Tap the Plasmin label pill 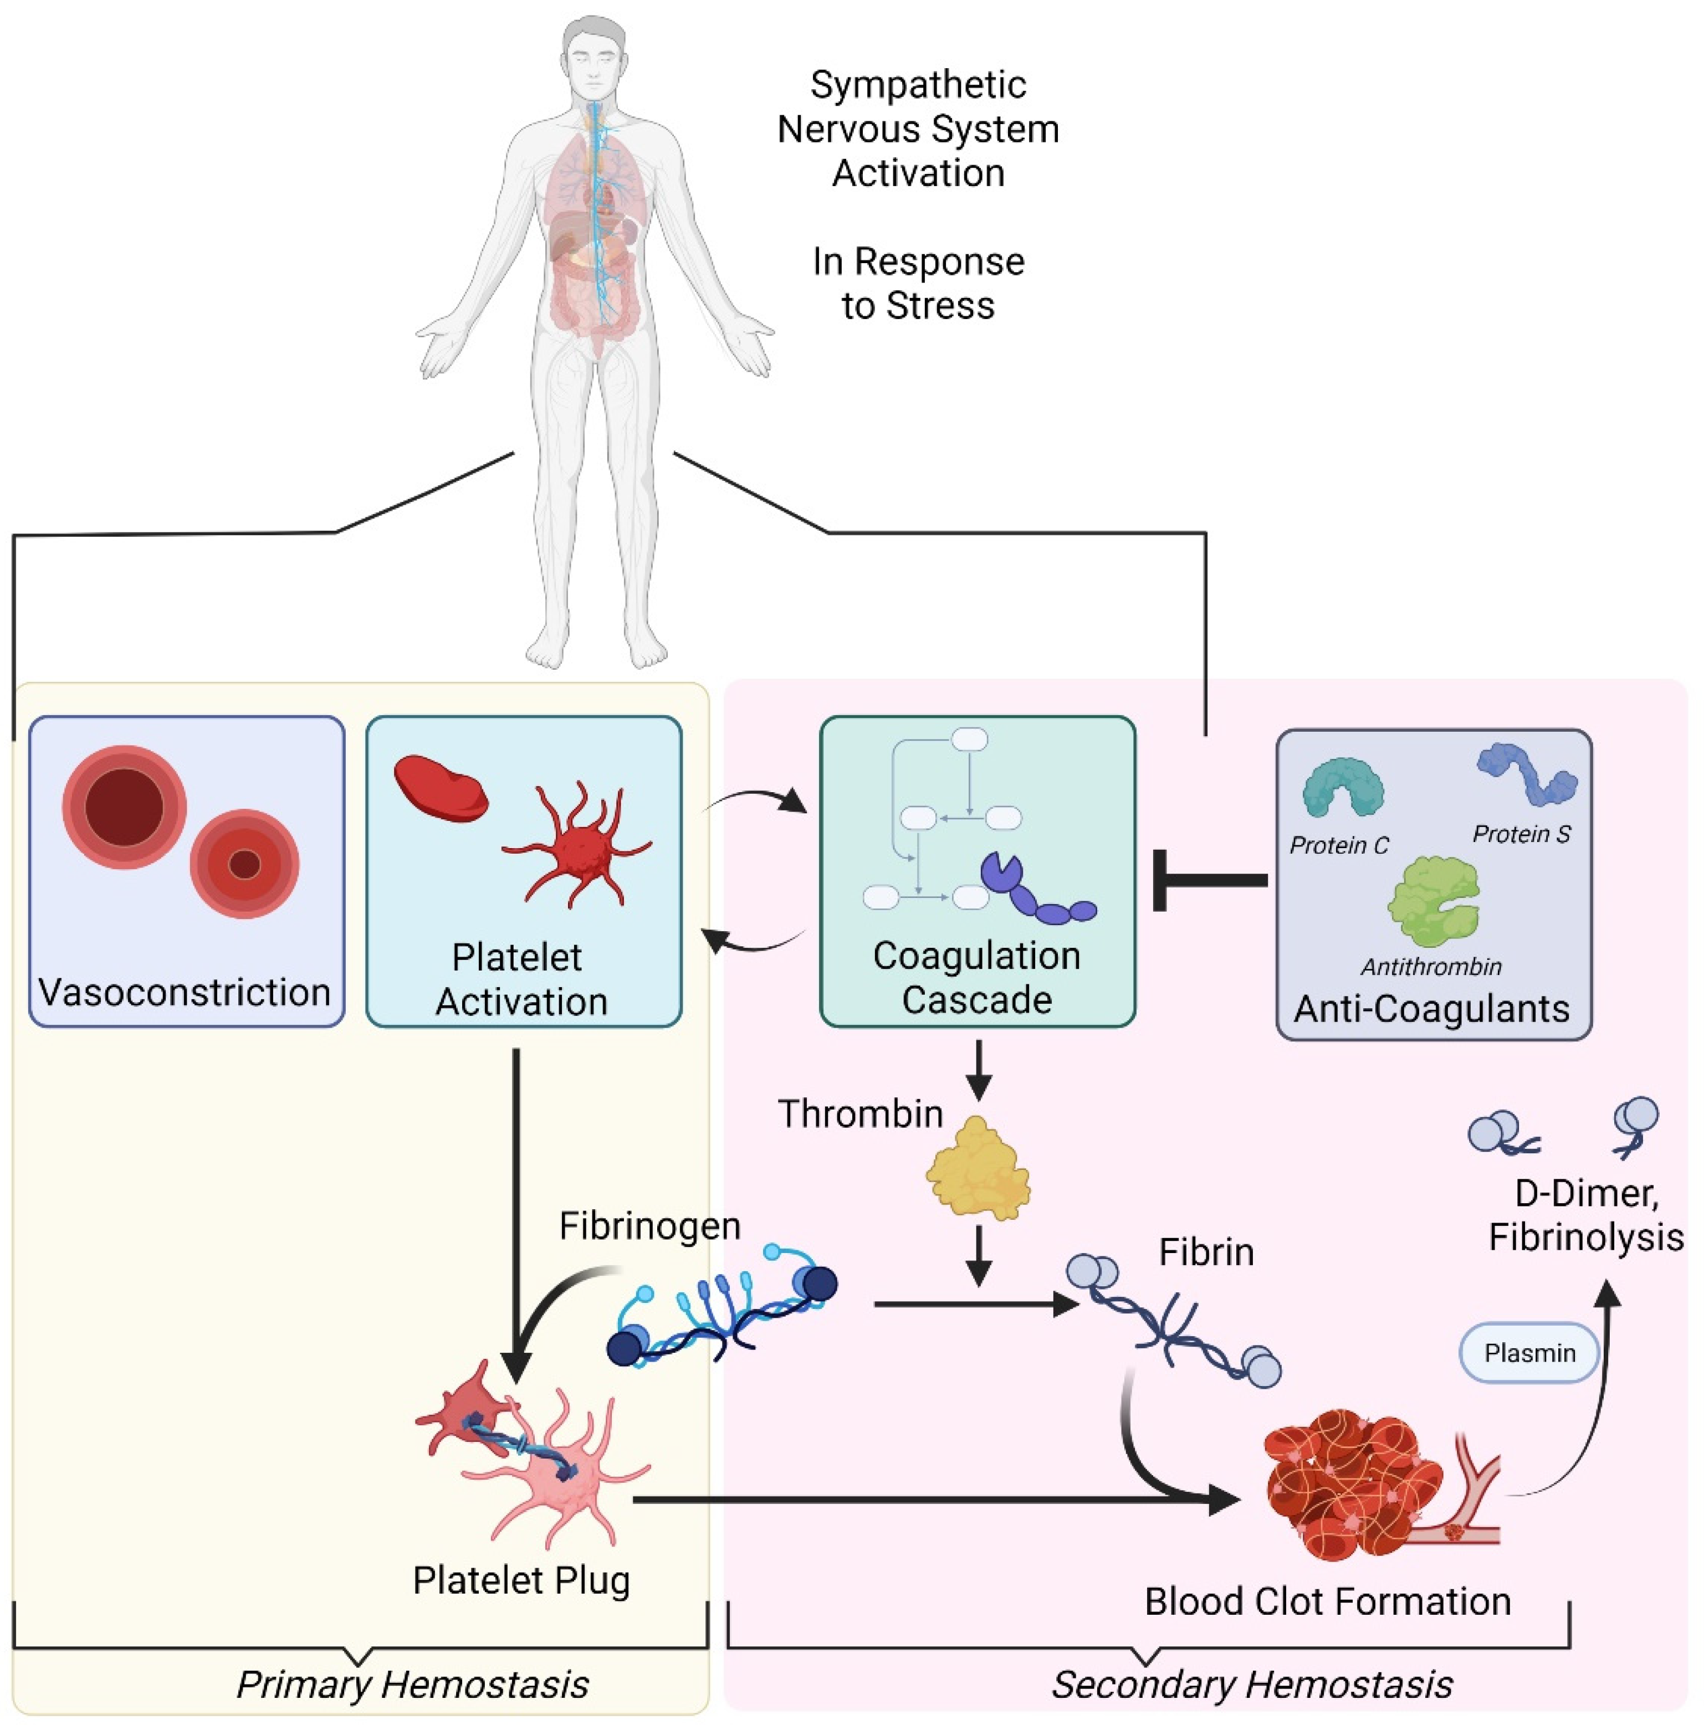(1528, 1353)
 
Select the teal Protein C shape (1342, 788)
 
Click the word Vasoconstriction (185, 992)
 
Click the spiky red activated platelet (576, 844)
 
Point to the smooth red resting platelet (441, 788)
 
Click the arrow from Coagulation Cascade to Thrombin (978, 1071)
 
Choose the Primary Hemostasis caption (412, 1684)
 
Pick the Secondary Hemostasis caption (1251, 1684)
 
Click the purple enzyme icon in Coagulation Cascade (1036, 893)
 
